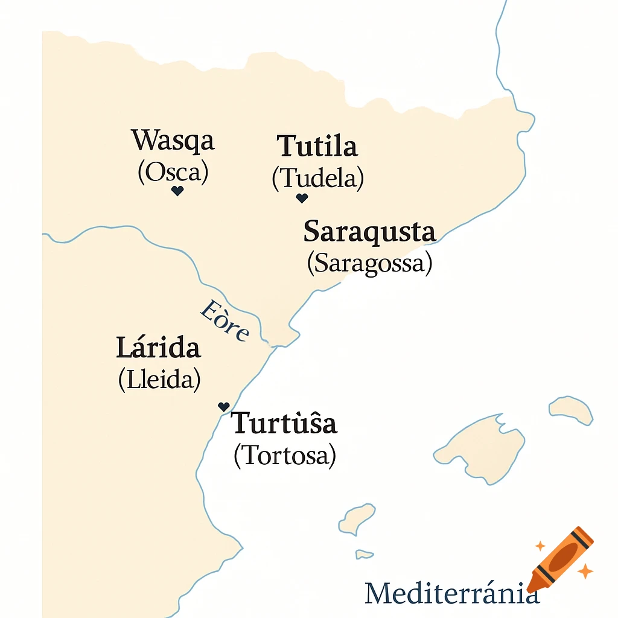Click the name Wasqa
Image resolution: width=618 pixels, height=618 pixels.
click(x=173, y=142)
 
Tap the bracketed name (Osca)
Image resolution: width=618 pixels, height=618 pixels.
click(x=173, y=173)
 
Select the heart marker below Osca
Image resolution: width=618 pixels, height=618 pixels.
click(x=177, y=191)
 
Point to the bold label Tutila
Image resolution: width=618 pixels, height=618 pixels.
click(x=317, y=147)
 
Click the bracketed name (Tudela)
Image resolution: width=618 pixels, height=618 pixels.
click(x=317, y=178)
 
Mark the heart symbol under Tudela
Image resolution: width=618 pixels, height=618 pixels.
click(x=302, y=198)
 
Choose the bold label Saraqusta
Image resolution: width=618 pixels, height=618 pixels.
click(x=369, y=232)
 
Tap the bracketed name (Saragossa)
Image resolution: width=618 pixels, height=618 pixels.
click(x=369, y=263)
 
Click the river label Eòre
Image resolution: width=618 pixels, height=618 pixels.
click(x=224, y=320)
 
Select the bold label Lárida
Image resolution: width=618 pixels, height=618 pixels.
click(x=158, y=348)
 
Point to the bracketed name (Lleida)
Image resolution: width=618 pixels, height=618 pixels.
click(x=159, y=380)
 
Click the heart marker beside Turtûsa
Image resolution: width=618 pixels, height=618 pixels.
click(x=224, y=407)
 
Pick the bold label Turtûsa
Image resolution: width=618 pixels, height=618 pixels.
click(x=284, y=424)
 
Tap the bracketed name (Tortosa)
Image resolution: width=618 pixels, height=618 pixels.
click(x=284, y=456)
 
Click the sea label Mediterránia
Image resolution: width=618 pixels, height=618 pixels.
click(x=451, y=593)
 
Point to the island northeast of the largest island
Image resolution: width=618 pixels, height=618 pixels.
click(x=570, y=410)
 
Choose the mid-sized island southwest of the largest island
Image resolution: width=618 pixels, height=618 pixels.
click(x=357, y=520)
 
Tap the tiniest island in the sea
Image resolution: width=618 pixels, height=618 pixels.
click(x=364, y=553)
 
